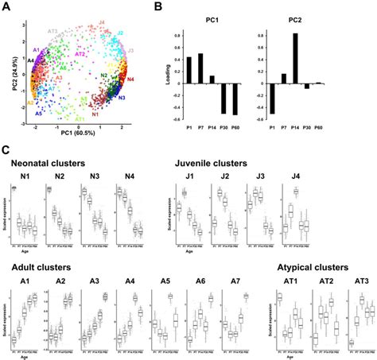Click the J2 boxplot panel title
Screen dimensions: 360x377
pyautogui.click(x=226, y=177)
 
